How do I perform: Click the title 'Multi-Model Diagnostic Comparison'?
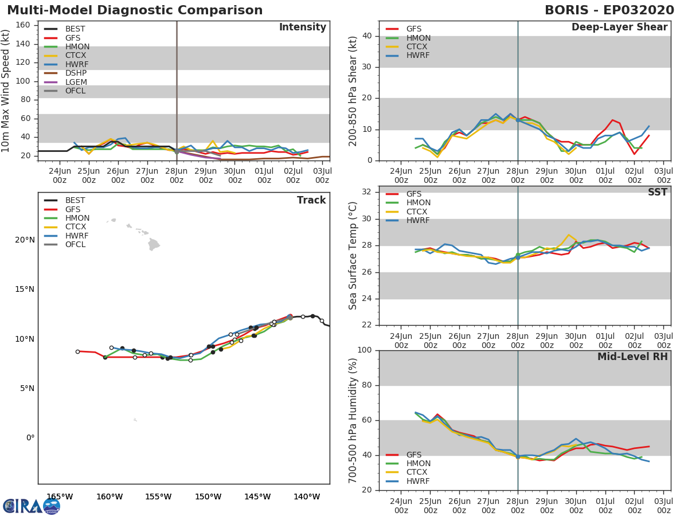(x=135, y=10)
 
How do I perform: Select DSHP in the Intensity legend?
(x=76, y=73)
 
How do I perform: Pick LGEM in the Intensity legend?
(x=76, y=82)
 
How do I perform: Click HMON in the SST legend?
(x=418, y=203)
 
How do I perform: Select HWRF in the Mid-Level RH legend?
(x=418, y=481)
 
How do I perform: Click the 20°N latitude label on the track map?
(x=24, y=240)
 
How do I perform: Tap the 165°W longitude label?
(x=60, y=497)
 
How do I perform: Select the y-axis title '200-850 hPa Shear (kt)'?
(x=353, y=91)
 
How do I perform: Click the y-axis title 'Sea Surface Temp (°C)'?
(x=353, y=256)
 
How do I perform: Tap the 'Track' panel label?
(x=311, y=200)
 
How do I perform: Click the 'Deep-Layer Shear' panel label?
(x=619, y=28)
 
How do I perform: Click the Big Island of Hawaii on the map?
(x=154, y=245)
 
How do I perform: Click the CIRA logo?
(x=31, y=506)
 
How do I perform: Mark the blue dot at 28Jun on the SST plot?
(x=518, y=257)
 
